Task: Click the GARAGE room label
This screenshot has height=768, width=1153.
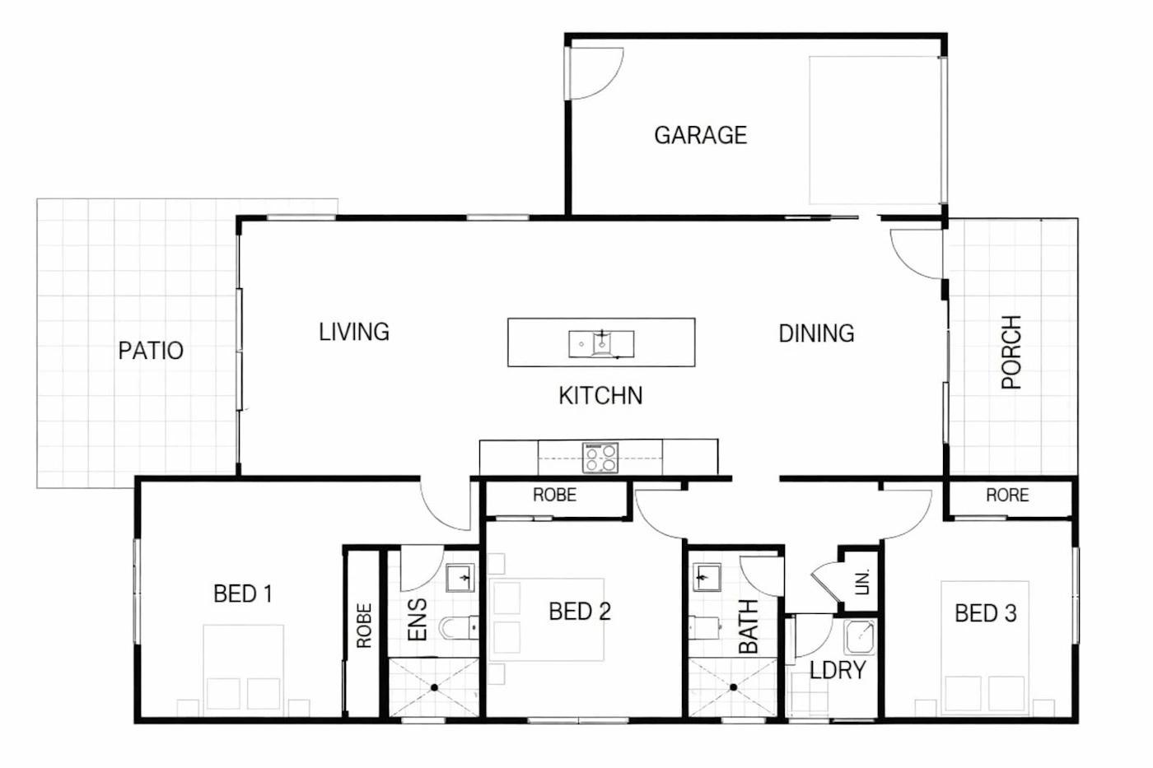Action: pyautogui.click(x=701, y=135)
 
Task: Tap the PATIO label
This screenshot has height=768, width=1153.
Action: pyautogui.click(x=151, y=351)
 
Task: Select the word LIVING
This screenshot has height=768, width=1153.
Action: pyautogui.click(x=354, y=332)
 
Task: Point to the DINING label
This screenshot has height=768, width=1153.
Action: pyautogui.click(x=816, y=333)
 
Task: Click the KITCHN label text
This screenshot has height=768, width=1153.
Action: pyautogui.click(x=600, y=396)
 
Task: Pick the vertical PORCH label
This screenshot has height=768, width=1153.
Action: pyautogui.click(x=1011, y=352)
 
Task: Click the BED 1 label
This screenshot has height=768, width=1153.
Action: pyautogui.click(x=243, y=593)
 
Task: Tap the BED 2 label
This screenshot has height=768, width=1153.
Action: pyautogui.click(x=580, y=611)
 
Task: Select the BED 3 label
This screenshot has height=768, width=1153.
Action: pyautogui.click(x=986, y=613)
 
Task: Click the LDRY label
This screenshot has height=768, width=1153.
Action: pyautogui.click(x=838, y=670)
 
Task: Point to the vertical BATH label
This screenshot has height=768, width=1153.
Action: pyautogui.click(x=749, y=626)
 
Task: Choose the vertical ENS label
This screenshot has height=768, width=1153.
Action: pyautogui.click(x=417, y=620)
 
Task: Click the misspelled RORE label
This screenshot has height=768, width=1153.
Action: pyautogui.click(x=1007, y=495)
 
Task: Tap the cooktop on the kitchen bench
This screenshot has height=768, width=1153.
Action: pyautogui.click(x=600, y=458)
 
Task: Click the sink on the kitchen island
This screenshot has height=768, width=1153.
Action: pyautogui.click(x=601, y=343)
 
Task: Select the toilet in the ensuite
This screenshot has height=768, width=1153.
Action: pyautogui.click(x=458, y=627)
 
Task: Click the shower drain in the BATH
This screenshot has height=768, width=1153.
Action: pyautogui.click(x=733, y=687)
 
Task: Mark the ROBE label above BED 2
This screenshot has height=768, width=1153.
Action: pyautogui.click(x=554, y=495)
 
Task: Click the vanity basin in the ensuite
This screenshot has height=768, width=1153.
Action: pyautogui.click(x=460, y=578)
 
